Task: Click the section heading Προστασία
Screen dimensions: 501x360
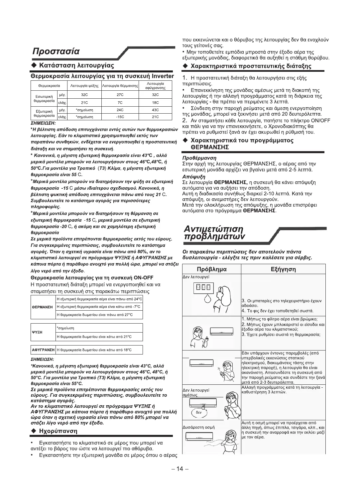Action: coord(56,51)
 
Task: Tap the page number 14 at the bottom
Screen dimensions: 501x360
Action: coord(180,469)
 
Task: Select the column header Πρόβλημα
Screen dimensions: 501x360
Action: coord(212,269)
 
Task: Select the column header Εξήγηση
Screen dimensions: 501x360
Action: coord(283,269)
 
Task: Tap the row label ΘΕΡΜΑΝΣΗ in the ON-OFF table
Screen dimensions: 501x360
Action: coord(43,307)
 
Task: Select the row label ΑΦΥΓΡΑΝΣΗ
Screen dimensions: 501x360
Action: coord(43,350)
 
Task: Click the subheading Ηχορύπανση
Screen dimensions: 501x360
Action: coord(58,431)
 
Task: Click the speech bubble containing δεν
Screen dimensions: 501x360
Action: coord(198,412)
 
